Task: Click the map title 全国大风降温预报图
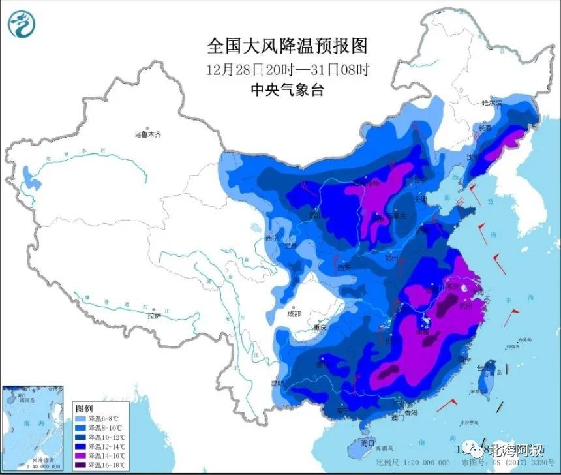click(x=288, y=46)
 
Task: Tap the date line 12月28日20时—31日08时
click(x=288, y=69)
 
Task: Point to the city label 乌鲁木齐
click(x=147, y=134)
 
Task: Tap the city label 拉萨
click(x=153, y=316)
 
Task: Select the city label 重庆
click(x=318, y=328)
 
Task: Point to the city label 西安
click(x=344, y=267)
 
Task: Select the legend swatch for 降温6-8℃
click(x=80, y=418)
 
